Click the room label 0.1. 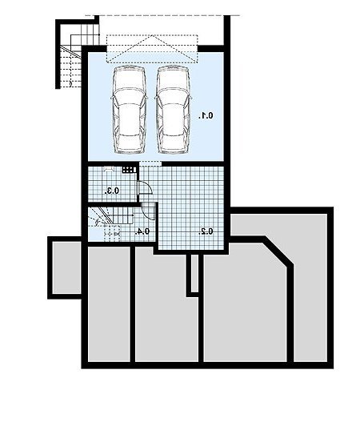(x=206, y=116)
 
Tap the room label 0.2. (x=206, y=231)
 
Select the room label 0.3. (x=112, y=191)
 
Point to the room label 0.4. (x=142, y=231)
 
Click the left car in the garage (x=129, y=110)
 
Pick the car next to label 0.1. (x=173, y=110)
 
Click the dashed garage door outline (x=152, y=49)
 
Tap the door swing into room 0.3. (x=146, y=187)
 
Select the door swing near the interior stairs (x=148, y=211)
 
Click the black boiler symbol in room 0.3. (x=129, y=170)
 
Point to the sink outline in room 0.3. (x=109, y=168)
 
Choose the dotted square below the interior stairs (x=113, y=233)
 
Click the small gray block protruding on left (x=66, y=267)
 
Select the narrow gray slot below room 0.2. (x=194, y=273)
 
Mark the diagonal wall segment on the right (x=279, y=251)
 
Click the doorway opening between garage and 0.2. (x=150, y=163)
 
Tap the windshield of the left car (x=129, y=96)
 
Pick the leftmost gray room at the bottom (x=109, y=303)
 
